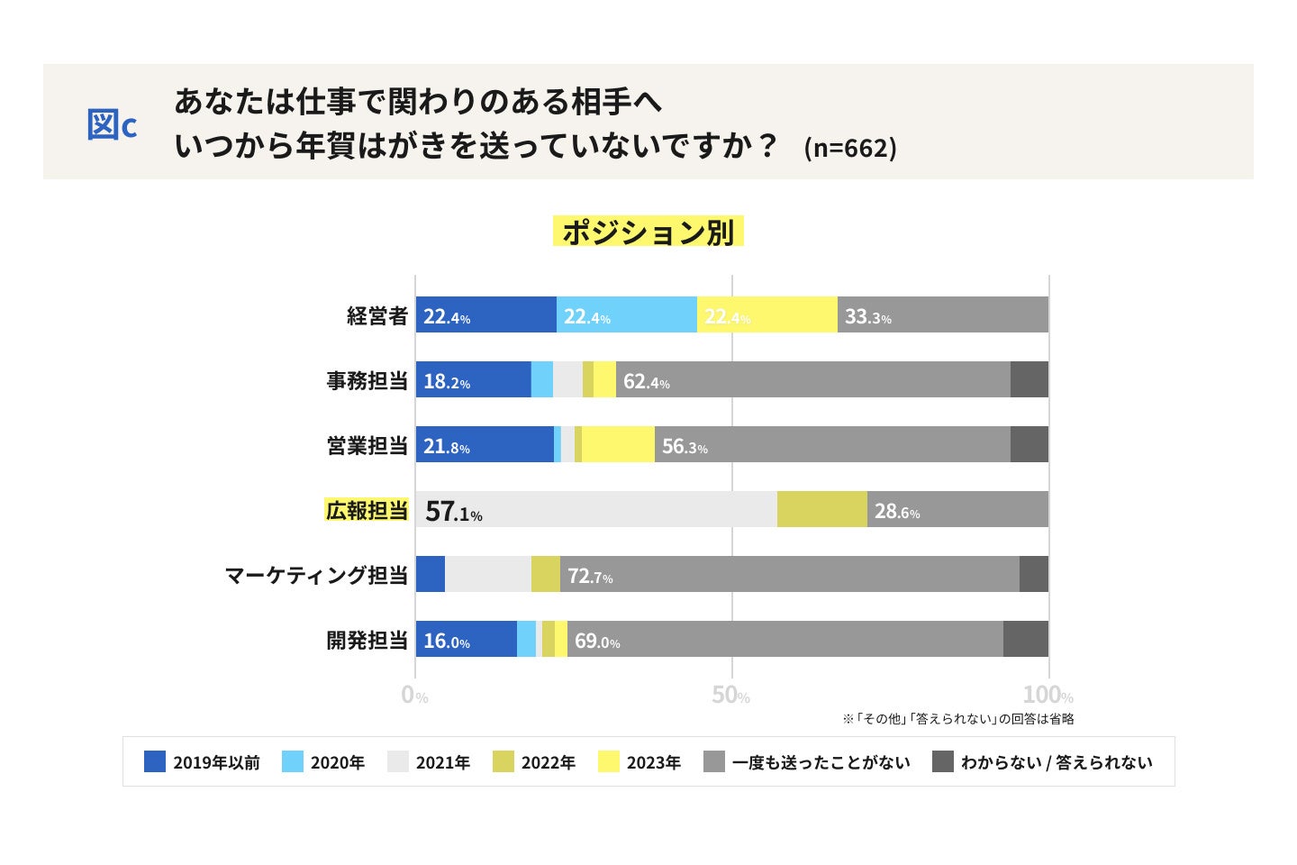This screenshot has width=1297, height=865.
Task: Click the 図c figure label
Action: pyautogui.click(x=112, y=125)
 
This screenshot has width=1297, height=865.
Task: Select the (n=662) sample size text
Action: pyautogui.click(x=849, y=148)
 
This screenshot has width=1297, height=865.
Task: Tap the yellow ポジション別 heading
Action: pyautogui.click(x=648, y=232)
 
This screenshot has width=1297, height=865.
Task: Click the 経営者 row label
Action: pyautogui.click(x=377, y=315)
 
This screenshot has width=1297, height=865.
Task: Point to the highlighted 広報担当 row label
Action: pyautogui.click(x=367, y=510)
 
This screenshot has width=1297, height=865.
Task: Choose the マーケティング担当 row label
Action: pyautogui.click(x=316, y=575)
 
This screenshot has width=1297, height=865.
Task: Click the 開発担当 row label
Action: pyautogui.click(x=367, y=640)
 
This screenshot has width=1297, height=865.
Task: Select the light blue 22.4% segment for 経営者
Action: pyautogui.click(x=626, y=315)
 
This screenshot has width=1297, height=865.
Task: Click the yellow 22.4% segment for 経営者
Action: pyautogui.click(x=766, y=315)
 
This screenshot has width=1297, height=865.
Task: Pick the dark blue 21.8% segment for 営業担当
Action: pyautogui.click(x=485, y=445)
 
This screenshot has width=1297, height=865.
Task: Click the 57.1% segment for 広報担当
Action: pyautogui.click(x=595, y=510)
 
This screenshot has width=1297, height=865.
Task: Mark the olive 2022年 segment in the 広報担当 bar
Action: pyautogui.click(x=821, y=510)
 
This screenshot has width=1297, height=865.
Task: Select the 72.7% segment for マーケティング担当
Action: pyautogui.click(x=789, y=575)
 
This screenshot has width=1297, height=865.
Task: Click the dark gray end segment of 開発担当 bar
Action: pyautogui.click(x=1025, y=640)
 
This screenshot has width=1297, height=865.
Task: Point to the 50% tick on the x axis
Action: pyautogui.click(x=730, y=696)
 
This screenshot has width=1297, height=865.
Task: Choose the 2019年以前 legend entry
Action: pyautogui.click(x=202, y=762)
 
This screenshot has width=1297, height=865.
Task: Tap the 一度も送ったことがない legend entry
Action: pyautogui.click(x=807, y=762)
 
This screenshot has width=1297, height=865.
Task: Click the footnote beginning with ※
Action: pyautogui.click(x=957, y=719)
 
